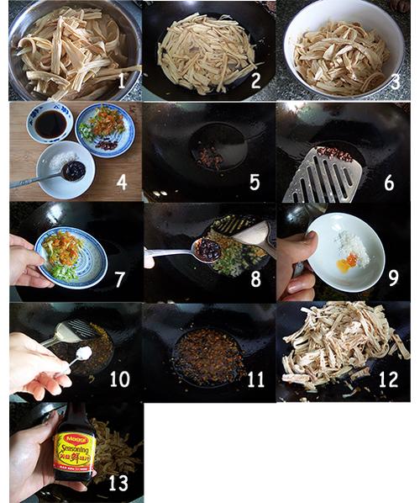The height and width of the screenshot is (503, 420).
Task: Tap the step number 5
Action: [x=254, y=182]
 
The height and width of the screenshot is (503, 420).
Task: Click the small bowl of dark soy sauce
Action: [x=50, y=124]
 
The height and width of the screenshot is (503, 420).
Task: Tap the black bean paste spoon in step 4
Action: [x=74, y=171]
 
